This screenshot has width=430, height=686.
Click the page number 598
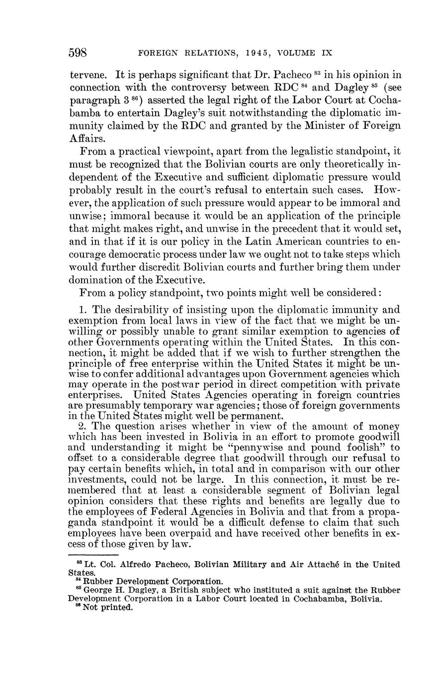click(x=78, y=52)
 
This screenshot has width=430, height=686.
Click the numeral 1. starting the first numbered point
click(x=83, y=310)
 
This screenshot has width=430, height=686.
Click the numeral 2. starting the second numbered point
click(x=83, y=426)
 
